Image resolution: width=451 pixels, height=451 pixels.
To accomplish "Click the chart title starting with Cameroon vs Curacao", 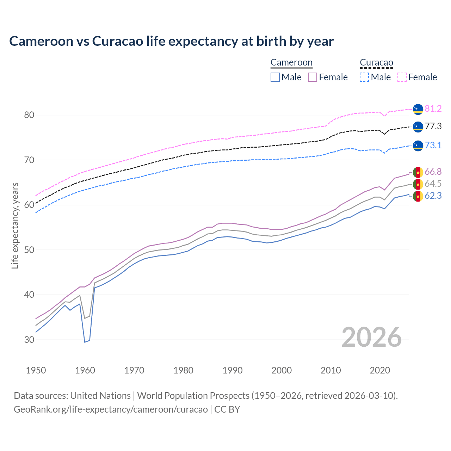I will tap(171, 41).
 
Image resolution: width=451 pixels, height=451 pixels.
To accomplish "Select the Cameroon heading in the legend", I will tap(291, 63).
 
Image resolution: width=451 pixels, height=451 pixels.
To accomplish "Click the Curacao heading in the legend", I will tap(376, 63).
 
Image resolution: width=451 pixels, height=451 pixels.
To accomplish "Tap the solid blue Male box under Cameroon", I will tap(275, 77).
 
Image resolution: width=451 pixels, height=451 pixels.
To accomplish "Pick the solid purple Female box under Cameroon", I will tap(313, 77).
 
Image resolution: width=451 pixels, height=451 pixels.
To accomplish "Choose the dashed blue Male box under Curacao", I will tap(364, 77).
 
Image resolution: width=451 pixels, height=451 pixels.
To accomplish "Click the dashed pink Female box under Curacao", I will tap(402, 77).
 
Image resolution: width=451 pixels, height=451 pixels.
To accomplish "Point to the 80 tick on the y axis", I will tap(29, 115).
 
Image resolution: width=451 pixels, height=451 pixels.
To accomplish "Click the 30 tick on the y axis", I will tap(29, 340).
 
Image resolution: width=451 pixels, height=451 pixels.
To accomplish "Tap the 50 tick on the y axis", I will tap(29, 250).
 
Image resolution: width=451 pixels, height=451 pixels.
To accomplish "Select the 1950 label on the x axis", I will tap(36, 370).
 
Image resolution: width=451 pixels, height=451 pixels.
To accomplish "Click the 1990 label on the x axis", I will tap(233, 370).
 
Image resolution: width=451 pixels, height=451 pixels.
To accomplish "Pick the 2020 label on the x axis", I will tap(379, 370).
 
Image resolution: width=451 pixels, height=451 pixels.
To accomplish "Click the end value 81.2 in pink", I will tap(433, 109).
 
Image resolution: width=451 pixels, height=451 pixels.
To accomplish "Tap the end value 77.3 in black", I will tap(433, 126).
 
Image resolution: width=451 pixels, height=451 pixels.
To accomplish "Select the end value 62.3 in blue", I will tap(433, 196).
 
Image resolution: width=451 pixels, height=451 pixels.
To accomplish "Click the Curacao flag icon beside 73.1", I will tap(418, 146).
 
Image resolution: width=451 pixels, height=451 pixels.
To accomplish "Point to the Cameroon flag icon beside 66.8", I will tap(418, 172).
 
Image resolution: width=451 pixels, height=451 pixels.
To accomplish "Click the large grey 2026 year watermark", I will tap(372, 337).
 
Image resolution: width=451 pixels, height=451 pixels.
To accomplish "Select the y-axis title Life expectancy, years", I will tap(15, 225).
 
